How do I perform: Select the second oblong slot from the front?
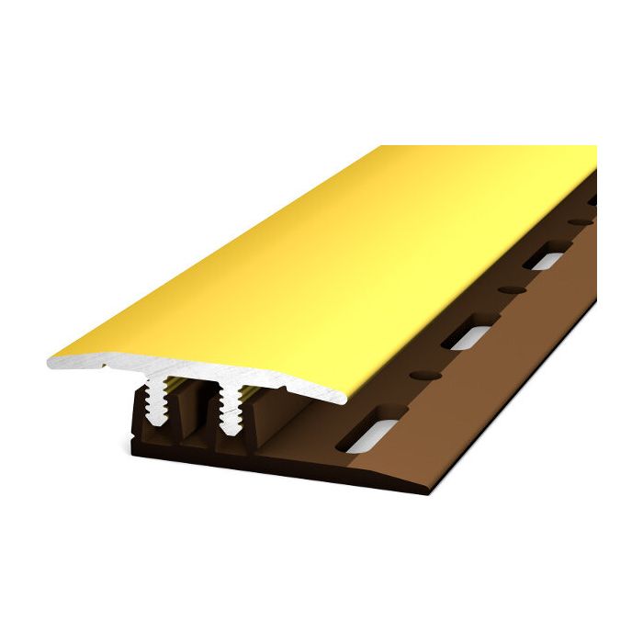468,335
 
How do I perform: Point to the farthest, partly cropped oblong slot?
592,199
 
